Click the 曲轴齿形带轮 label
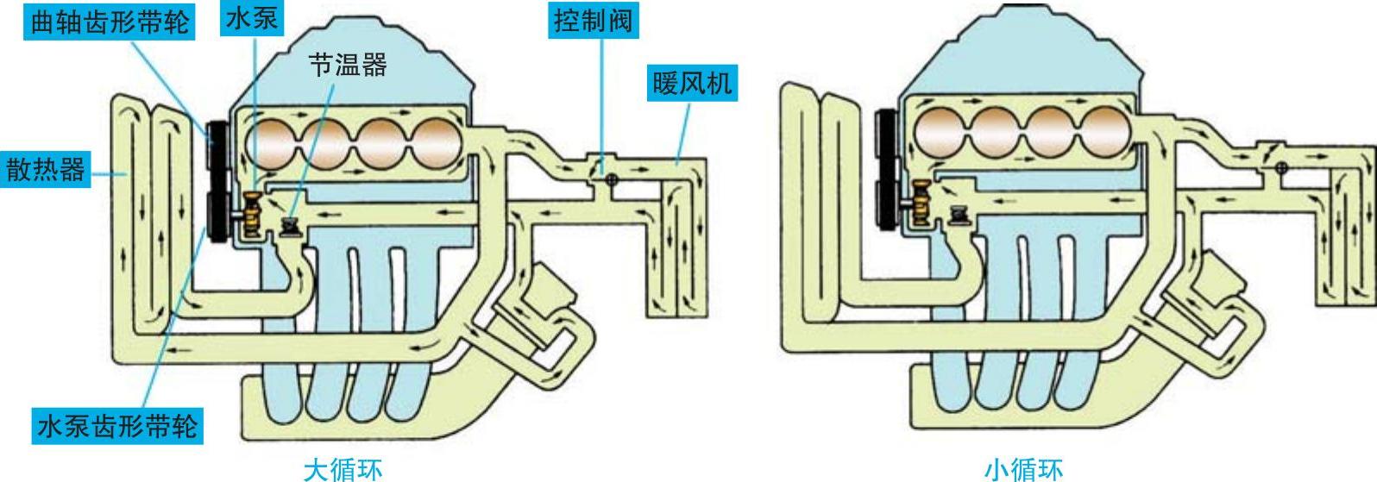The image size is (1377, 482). pos(109,22)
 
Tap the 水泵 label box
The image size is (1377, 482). pos(251,20)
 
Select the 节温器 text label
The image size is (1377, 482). pos(348,65)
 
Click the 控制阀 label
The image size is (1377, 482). pos(593,21)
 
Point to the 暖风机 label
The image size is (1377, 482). pos(692,84)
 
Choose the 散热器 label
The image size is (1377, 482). pos(46,169)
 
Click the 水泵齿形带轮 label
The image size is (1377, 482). pos(117,426)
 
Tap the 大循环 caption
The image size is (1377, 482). pos(342,469)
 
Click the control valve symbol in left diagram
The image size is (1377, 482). pos(611,180)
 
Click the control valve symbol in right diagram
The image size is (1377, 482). pos(1282,167)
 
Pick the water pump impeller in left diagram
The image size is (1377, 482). pos(253,215)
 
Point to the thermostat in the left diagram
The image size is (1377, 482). pos(292,228)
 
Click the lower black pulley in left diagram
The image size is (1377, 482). pos(217,216)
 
